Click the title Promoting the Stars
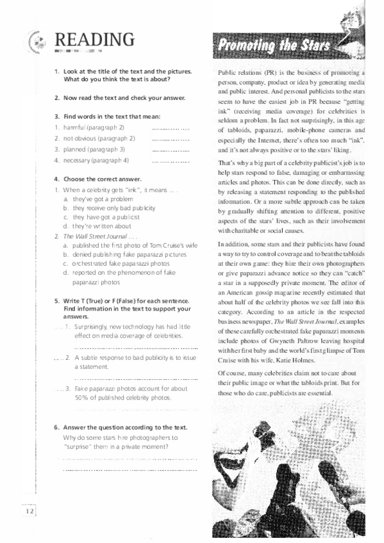coord(274,45)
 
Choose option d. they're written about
coord(97,225)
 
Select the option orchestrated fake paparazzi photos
coord(113,263)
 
